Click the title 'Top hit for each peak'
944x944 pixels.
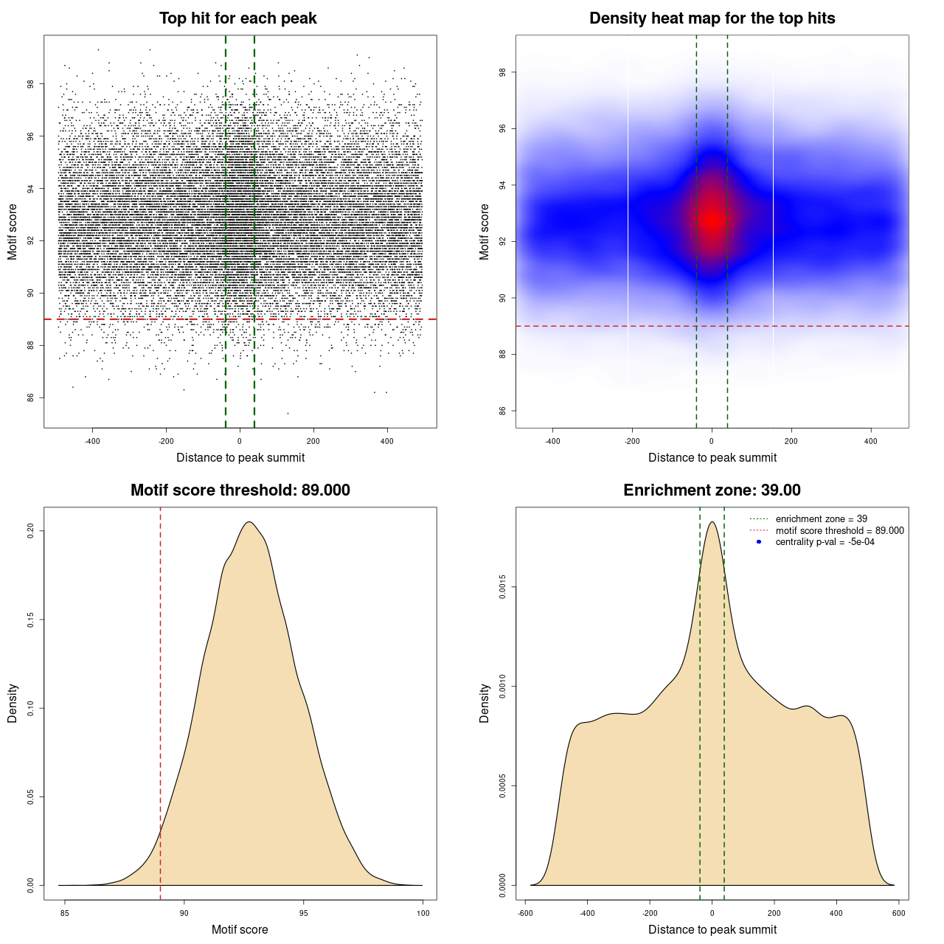237,18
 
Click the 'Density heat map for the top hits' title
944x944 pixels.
712,18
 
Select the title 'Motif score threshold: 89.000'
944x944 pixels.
240,490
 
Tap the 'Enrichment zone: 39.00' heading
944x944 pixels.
712,490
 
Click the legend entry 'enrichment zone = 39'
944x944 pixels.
821,519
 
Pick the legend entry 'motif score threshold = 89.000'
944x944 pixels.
839,530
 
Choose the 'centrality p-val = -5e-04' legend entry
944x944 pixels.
825,542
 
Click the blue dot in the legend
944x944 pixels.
759,542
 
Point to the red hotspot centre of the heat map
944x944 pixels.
712,219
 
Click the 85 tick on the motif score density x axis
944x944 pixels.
65,913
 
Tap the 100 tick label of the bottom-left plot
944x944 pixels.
423,913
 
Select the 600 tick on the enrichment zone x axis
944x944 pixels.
898,913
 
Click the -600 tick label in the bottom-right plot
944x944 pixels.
525,913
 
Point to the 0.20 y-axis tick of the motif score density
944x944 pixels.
31,531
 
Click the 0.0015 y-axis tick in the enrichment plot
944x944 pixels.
503,587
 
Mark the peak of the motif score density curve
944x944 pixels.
249,522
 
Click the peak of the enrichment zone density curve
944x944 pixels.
712,522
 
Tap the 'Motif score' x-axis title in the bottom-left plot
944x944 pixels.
240,929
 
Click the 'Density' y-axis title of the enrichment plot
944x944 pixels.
485,703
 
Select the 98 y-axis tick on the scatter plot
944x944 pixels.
31,84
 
